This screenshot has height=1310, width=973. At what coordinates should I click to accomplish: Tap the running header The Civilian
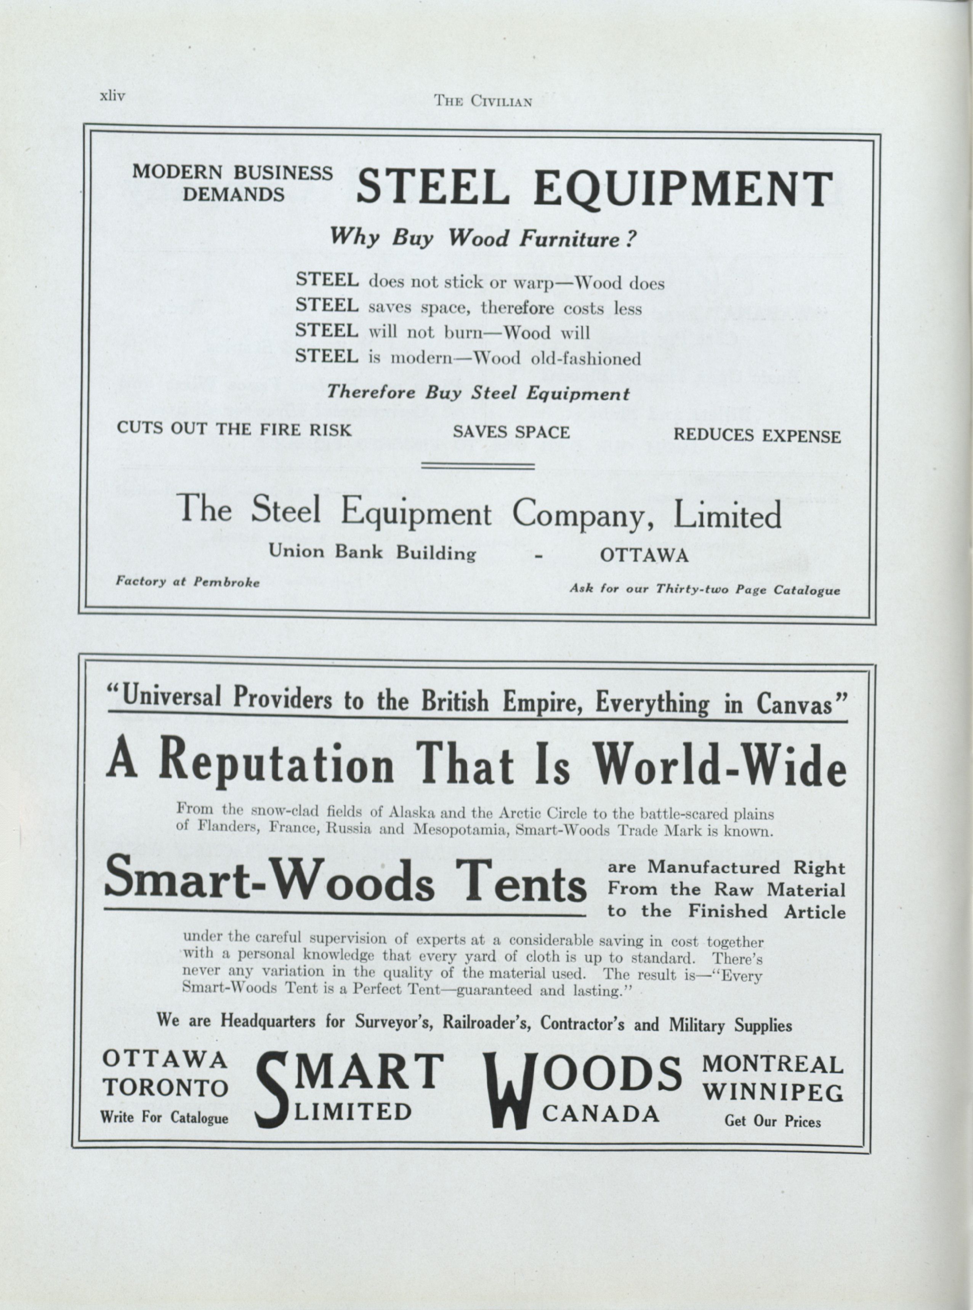click(482, 101)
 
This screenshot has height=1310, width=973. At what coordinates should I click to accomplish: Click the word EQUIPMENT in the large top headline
click(683, 189)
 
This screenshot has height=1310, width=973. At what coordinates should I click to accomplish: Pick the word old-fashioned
click(585, 358)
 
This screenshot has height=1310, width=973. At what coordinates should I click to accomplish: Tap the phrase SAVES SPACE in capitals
click(511, 432)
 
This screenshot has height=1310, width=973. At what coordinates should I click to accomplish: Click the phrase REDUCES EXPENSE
click(757, 436)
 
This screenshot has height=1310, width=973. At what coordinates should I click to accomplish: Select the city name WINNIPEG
click(773, 1093)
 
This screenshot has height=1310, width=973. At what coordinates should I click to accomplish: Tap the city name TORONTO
click(165, 1088)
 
